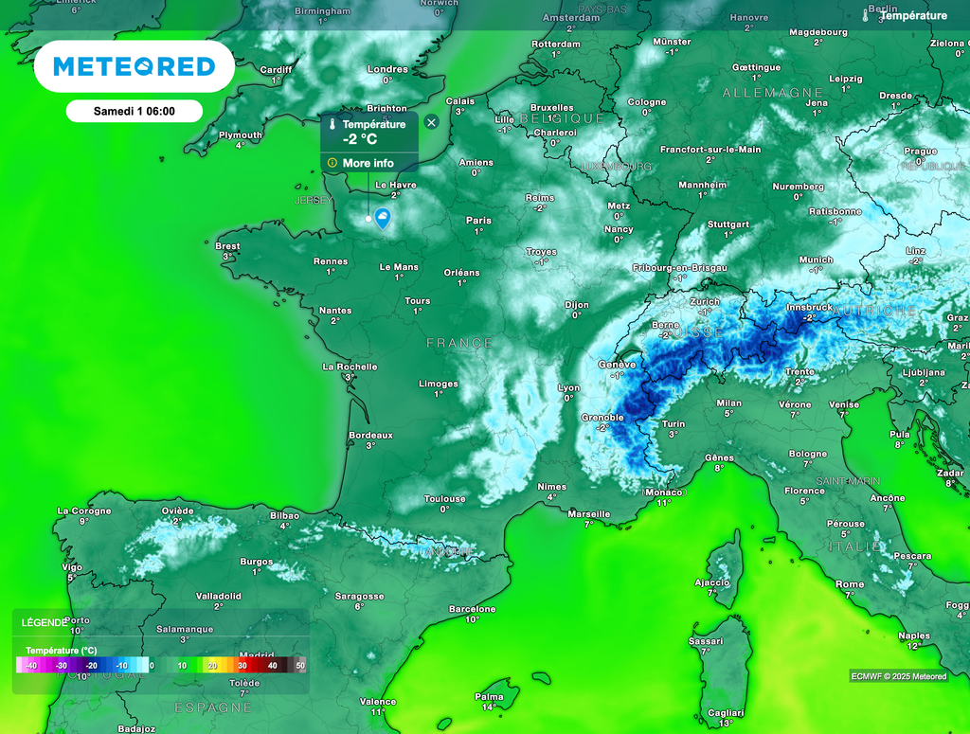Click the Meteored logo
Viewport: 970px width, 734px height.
coord(134,66)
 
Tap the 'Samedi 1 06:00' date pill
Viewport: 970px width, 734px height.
coord(134,111)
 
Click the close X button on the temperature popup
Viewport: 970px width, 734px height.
coord(432,122)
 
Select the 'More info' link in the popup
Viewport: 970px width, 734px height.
coord(368,163)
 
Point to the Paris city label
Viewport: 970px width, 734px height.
coord(478,221)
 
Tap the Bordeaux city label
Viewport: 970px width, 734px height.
coord(370,436)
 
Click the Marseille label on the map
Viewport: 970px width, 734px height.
coord(588,513)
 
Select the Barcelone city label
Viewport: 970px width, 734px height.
coord(472,609)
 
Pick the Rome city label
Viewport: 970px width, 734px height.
coord(850,584)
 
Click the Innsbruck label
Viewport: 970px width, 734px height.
coord(809,307)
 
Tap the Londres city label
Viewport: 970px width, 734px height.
coord(387,69)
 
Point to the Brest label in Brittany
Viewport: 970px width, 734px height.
coord(227,246)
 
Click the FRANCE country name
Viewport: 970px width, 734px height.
coord(459,343)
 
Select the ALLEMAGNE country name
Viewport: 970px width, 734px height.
coord(773,93)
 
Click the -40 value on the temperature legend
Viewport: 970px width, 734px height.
coord(31,666)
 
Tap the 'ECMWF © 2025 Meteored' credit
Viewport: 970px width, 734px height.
coord(898,676)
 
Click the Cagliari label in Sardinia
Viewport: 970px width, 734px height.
coord(726,712)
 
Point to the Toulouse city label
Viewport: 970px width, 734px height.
coord(444,499)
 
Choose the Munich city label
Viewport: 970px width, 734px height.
coord(816,260)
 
